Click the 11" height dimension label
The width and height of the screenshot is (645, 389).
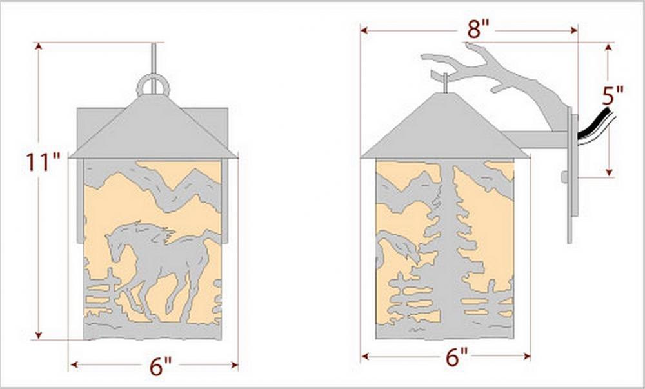pos(43,162)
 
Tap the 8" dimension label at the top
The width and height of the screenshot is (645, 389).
pos(478,29)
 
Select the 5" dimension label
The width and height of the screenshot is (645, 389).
pos(613,96)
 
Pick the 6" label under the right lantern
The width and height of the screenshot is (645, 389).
pos(457,357)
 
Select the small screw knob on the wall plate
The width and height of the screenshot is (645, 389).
pos(564,177)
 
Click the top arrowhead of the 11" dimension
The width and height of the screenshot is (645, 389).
pos(38,46)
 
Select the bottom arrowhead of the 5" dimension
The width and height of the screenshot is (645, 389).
pos(610,172)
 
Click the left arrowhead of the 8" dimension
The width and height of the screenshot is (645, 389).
pos(364,30)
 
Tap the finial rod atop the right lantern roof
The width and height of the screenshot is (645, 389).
pos(445,83)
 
